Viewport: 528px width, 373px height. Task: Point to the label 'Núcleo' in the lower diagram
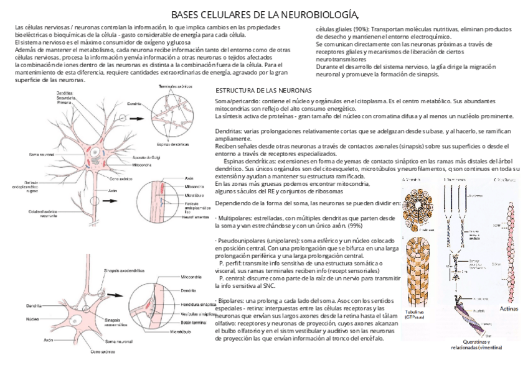(33, 320)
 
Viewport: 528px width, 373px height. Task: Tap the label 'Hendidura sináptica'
(198, 305)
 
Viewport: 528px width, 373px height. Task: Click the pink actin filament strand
(502, 242)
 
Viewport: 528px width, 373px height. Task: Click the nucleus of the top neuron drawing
(92, 152)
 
